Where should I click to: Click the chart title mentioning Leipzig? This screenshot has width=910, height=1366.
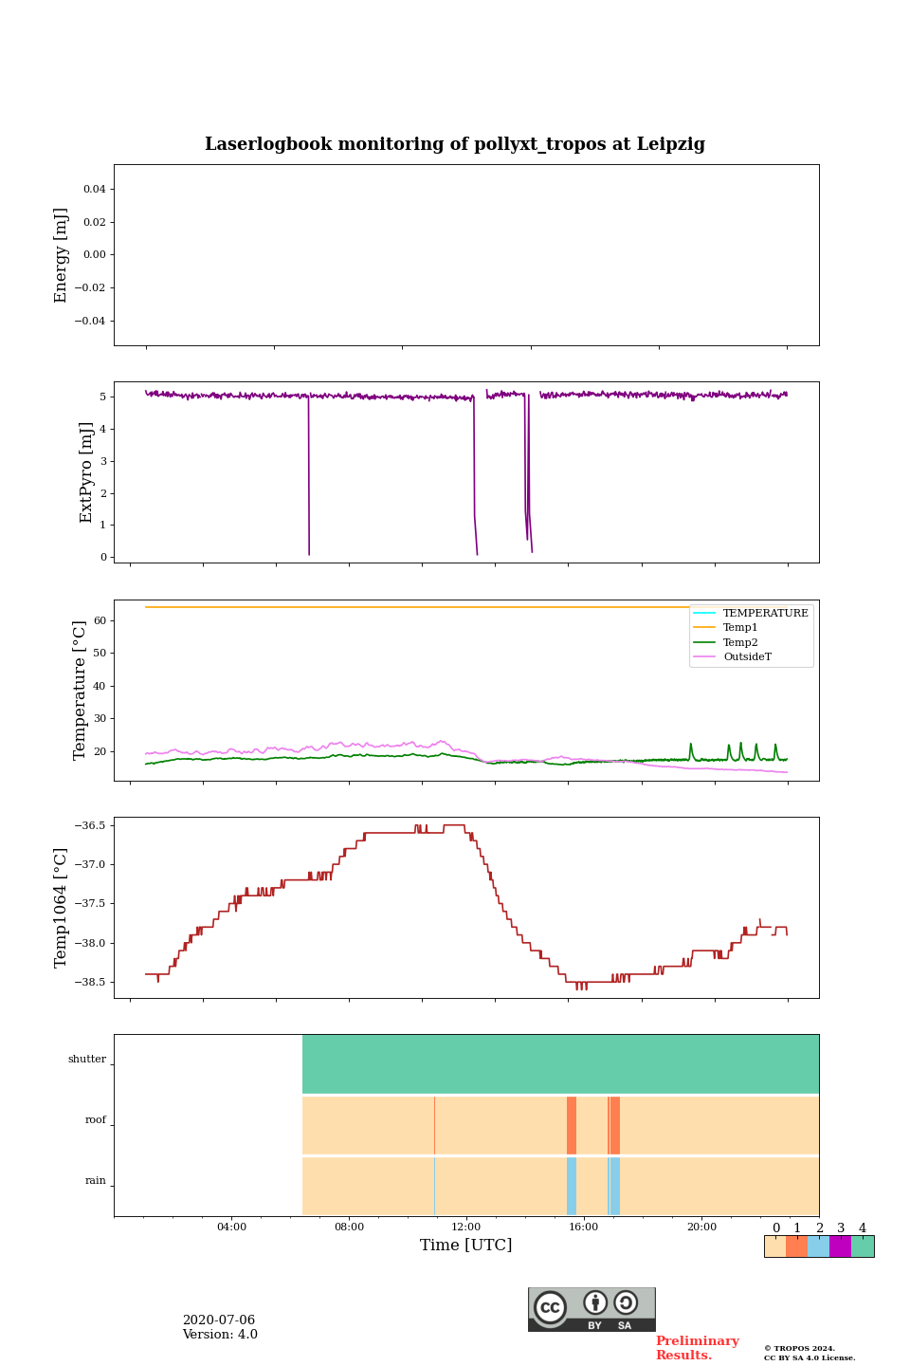click(x=455, y=144)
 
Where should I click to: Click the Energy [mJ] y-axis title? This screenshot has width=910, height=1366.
click(x=61, y=255)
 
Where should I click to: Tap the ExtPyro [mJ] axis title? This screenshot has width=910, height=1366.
click(x=86, y=472)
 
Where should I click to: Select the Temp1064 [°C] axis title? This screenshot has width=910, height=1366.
click(x=61, y=908)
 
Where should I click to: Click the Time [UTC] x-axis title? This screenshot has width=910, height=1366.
click(x=465, y=1245)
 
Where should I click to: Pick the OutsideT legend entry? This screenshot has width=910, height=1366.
click(x=747, y=657)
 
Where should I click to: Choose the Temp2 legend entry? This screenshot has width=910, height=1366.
click(x=740, y=642)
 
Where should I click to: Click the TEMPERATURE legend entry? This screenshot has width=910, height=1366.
click(x=765, y=613)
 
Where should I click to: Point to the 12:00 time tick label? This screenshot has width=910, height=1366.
click(x=466, y=1228)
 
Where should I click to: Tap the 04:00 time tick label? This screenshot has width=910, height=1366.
click(x=231, y=1228)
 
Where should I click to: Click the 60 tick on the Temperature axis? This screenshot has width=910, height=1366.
click(x=100, y=620)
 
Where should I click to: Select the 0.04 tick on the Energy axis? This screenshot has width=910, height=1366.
click(x=94, y=189)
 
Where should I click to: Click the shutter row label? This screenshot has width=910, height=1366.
click(x=87, y=1059)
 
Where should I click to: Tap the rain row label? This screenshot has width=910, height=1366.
click(x=96, y=1181)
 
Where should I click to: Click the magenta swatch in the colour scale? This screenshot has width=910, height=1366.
click(x=840, y=1246)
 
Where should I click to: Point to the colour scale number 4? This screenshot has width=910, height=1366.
click(x=862, y=1228)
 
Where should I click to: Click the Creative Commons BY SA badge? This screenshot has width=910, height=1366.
click(x=591, y=1309)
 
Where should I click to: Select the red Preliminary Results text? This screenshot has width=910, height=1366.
click(x=697, y=1348)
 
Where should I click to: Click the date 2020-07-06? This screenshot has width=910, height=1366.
click(x=218, y=1320)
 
